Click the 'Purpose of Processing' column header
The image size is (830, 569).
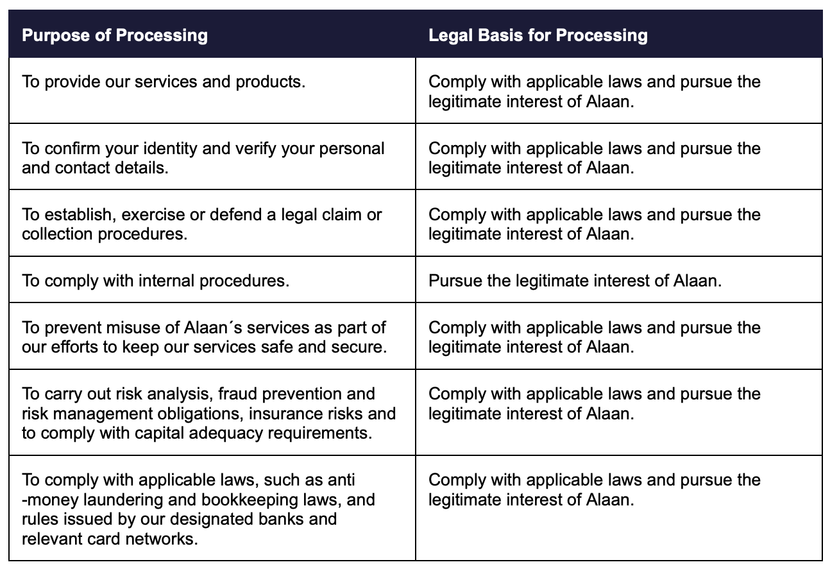point(115,35)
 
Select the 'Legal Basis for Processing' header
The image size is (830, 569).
point(538,35)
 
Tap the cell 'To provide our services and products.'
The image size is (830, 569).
point(163,82)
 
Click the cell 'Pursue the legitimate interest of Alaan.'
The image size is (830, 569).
point(575,281)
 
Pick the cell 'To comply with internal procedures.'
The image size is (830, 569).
point(155,281)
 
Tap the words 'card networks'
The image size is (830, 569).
point(151,538)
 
